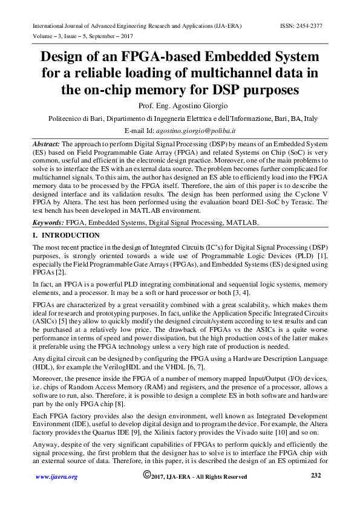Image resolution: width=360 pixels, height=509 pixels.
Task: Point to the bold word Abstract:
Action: pyautogui.click(x=46, y=145)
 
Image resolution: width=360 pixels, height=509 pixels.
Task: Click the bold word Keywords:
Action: pyautogui.click(x=48, y=222)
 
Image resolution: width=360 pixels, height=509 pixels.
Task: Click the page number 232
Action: pyautogui.click(x=315, y=476)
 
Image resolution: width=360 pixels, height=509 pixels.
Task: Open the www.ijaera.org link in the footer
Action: pyautogui.click(x=56, y=477)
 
